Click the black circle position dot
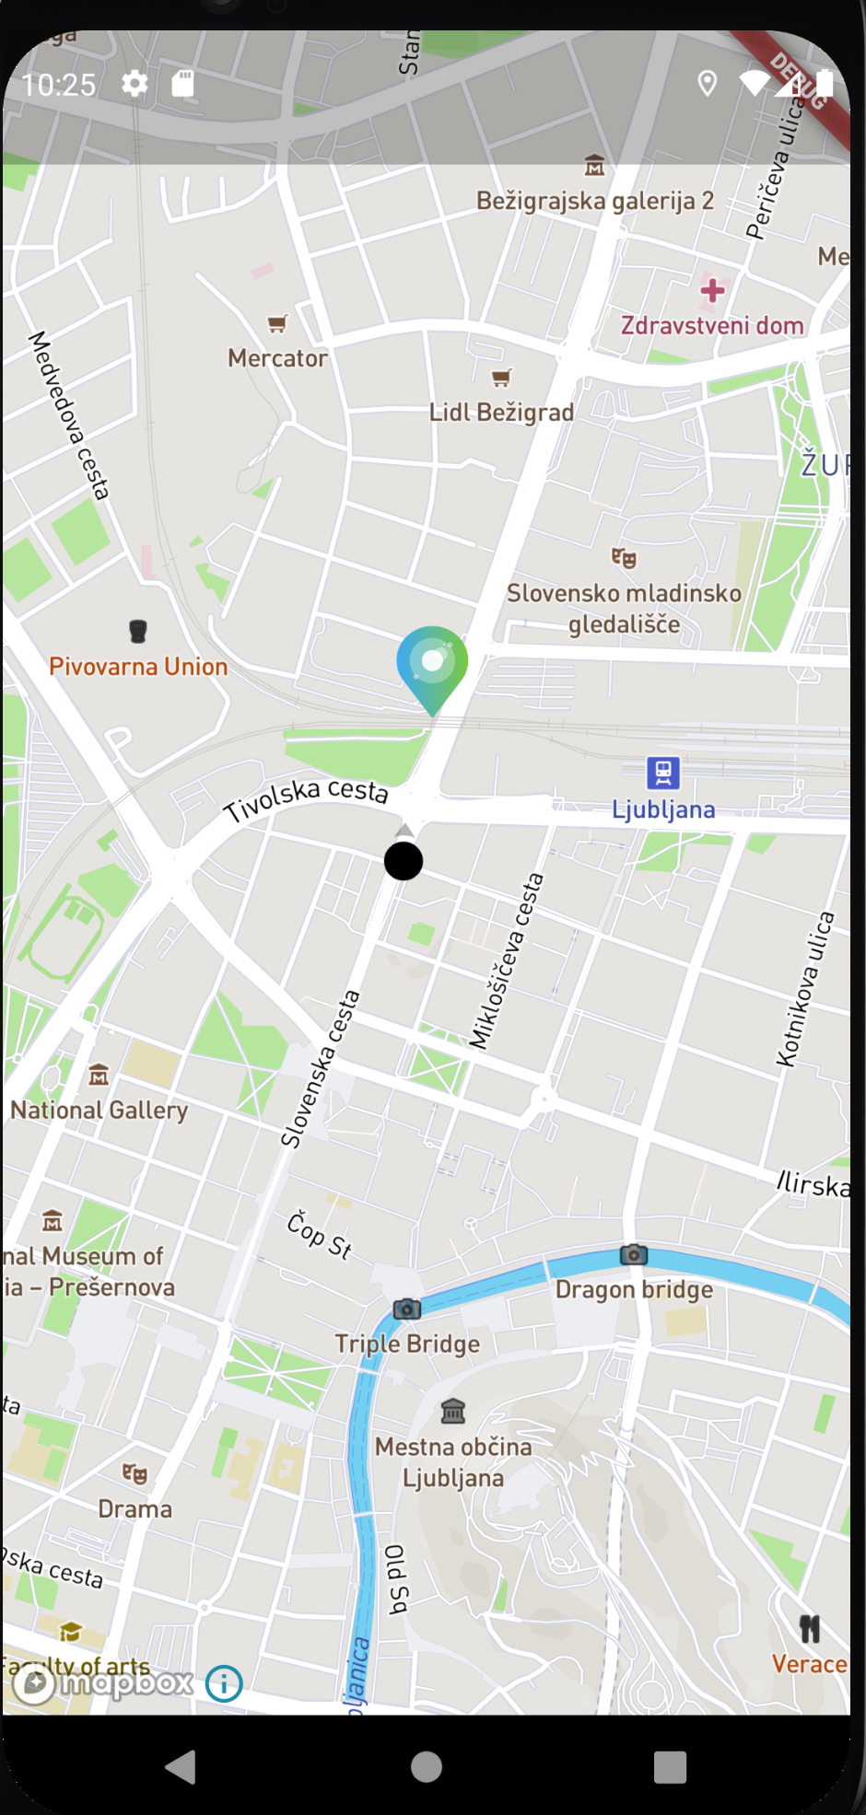pyautogui.click(x=404, y=861)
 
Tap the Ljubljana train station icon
pyautogui.click(x=663, y=773)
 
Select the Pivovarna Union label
pyautogui.click(x=138, y=667)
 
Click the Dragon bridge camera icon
pyautogui.click(x=634, y=1254)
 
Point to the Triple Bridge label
pyautogui.click(x=407, y=1344)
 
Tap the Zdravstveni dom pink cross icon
pyautogui.click(x=712, y=291)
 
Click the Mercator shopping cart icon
pyautogui.click(x=277, y=323)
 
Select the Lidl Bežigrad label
pyautogui.click(x=501, y=413)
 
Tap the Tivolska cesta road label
pyautogui.click(x=307, y=798)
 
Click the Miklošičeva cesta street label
pyautogui.click(x=506, y=961)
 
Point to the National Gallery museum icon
pyautogui.click(x=99, y=1075)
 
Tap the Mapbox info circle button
pyautogui.click(x=224, y=1683)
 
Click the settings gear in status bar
pyautogui.click(x=135, y=85)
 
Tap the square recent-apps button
pyautogui.click(x=670, y=1767)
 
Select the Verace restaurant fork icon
pyautogui.click(x=810, y=1629)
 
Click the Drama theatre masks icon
pyautogui.click(x=135, y=1474)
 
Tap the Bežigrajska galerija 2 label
pyautogui.click(x=595, y=201)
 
